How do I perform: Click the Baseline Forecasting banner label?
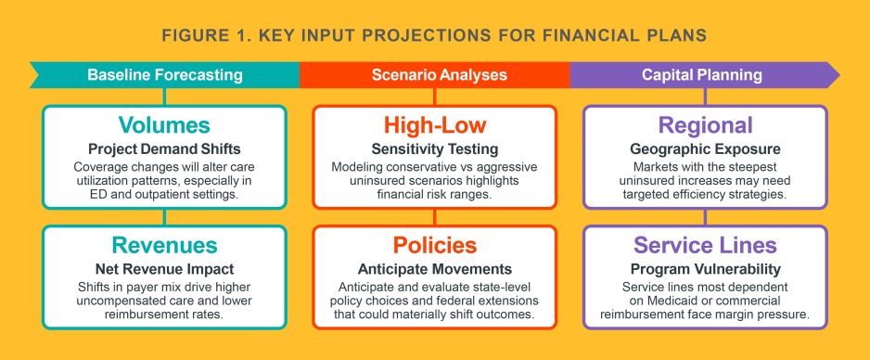164,74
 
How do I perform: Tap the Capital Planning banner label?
702,74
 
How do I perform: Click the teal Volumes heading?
164,126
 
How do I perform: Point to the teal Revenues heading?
164,245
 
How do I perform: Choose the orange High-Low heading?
434,126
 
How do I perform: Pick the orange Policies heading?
434,245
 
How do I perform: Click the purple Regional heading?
705,126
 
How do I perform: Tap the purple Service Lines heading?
705,245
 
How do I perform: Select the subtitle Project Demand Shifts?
164,148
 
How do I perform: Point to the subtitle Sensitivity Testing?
434,148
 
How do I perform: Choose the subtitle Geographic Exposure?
705,148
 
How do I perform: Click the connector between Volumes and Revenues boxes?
164,217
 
